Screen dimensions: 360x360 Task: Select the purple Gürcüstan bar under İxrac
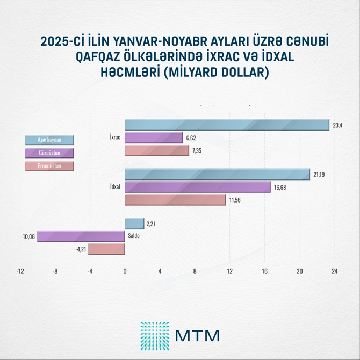[154, 138]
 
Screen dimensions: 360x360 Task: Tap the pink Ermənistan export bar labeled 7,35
[157, 151]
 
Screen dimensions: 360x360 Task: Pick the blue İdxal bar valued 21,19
[217, 175]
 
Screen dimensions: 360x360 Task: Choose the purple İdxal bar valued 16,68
[197, 187]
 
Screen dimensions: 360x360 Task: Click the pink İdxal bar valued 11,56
[175, 200]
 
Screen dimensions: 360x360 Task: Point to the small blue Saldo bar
[134, 223]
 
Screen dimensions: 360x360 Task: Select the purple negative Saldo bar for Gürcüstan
[81, 236]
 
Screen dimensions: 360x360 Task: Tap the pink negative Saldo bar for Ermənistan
[106, 249]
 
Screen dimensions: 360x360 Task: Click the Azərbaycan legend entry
[49, 140]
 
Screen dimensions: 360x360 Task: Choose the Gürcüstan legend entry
[49, 153]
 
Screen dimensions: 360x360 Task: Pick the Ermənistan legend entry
[49, 166]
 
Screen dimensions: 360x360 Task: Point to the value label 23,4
[337, 126]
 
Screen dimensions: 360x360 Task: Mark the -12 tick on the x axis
[20, 272]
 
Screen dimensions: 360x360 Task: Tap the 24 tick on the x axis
[334, 272]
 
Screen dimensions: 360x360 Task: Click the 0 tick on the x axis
[125, 272]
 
